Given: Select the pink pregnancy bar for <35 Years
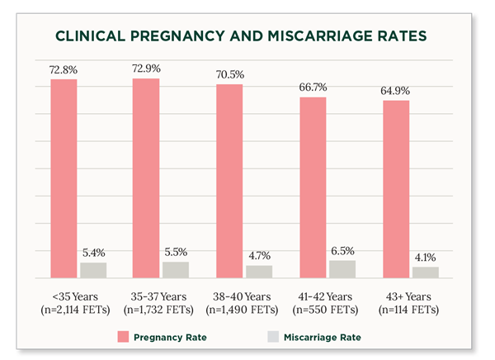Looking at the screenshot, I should pos(64,178).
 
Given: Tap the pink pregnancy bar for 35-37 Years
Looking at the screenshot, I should pos(146,178).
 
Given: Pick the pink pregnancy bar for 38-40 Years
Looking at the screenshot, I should pos(229,181).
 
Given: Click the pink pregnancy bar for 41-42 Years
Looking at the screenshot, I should pos(313,187).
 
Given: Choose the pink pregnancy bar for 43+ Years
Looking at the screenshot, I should pos(395,189).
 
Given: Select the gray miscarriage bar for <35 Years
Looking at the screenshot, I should pos(93,270).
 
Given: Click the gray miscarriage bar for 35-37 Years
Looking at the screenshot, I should pos(176,270).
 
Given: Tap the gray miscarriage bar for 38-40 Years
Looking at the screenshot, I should pos(259,272).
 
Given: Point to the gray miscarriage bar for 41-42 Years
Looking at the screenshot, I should pos(342,269).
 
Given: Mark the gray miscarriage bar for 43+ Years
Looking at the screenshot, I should pos(426,272).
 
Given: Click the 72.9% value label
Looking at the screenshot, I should pos(147,68).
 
